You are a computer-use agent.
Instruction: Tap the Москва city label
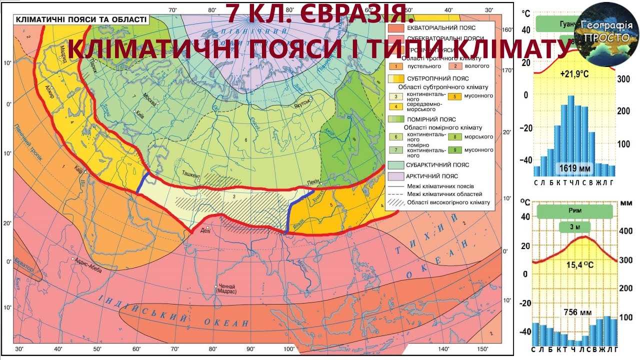click(150, 97)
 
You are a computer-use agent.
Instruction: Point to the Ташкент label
click(191, 176)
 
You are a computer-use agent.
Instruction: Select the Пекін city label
click(312, 183)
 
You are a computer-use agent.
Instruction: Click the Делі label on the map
click(205, 230)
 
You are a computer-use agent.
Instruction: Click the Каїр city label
click(78, 168)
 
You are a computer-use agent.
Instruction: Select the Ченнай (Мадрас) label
click(226, 288)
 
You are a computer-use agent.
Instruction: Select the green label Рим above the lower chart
click(574, 210)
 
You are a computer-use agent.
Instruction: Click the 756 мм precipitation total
click(577, 312)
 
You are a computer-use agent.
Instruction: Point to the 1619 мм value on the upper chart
click(574, 168)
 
